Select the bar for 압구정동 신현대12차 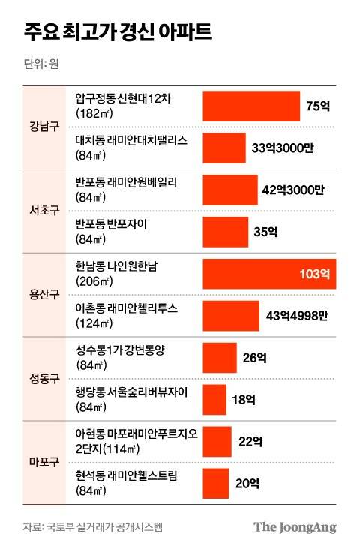click(x=250, y=106)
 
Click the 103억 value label click(x=314, y=273)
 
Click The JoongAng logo click(x=294, y=527)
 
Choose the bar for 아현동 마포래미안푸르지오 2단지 click(x=217, y=441)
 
